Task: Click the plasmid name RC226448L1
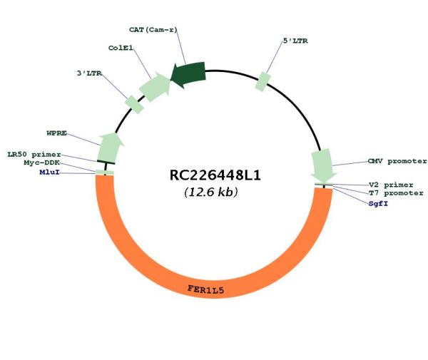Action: click(x=215, y=175)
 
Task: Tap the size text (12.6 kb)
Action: click(x=211, y=192)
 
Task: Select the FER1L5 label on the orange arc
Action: click(x=206, y=289)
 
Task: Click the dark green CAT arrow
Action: click(x=188, y=74)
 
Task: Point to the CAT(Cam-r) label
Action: click(x=153, y=30)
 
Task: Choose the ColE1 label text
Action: click(x=121, y=48)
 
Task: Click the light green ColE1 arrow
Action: click(x=155, y=87)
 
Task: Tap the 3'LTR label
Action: click(x=89, y=73)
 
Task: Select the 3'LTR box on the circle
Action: click(x=134, y=105)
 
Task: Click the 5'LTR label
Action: click(x=295, y=41)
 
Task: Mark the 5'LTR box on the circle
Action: click(x=263, y=81)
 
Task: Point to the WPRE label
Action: click(x=57, y=133)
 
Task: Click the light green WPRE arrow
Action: click(x=110, y=148)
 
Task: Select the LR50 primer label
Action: click(x=34, y=155)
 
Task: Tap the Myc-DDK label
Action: click(x=42, y=163)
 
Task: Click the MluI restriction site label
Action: click(x=50, y=173)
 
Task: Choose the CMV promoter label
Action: click(x=397, y=161)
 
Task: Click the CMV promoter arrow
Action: click(x=323, y=165)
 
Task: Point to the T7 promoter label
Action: click(x=396, y=193)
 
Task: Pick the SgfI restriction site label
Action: click(x=378, y=204)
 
